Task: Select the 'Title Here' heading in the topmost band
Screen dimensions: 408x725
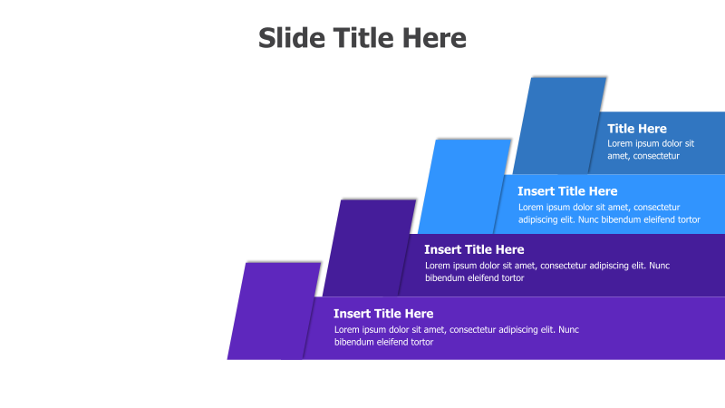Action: point(637,129)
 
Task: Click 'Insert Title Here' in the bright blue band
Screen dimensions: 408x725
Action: point(567,191)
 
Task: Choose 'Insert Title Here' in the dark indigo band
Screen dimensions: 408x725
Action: point(474,249)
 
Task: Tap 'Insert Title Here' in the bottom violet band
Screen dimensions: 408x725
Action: point(383,314)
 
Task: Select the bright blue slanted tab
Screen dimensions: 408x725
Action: point(462,186)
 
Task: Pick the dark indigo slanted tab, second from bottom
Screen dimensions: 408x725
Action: point(367,247)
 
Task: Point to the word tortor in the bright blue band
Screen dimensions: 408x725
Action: point(684,219)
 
